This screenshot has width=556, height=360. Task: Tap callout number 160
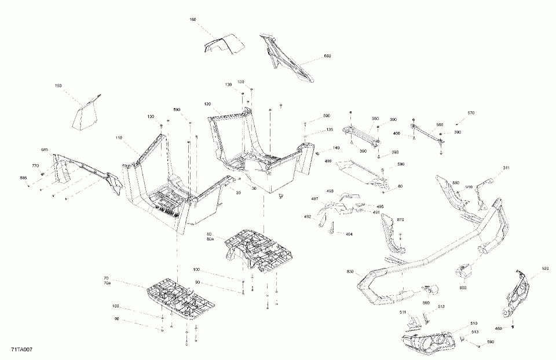(x=193, y=20)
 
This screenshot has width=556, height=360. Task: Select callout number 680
(x=327, y=56)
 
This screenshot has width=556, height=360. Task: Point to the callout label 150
(x=58, y=86)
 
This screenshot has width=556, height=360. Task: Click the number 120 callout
(x=207, y=104)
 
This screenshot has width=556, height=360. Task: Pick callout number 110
(x=119, y=138)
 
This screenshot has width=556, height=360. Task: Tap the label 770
(x=36, y=166)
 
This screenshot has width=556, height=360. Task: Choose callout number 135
(x=330, y=130)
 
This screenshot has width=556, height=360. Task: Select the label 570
(x=471, y=112)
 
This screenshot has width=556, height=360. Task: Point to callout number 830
(x=350, y=271)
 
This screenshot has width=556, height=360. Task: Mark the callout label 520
(x=545, y=269)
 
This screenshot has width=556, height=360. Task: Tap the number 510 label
(x=474, y=323)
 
